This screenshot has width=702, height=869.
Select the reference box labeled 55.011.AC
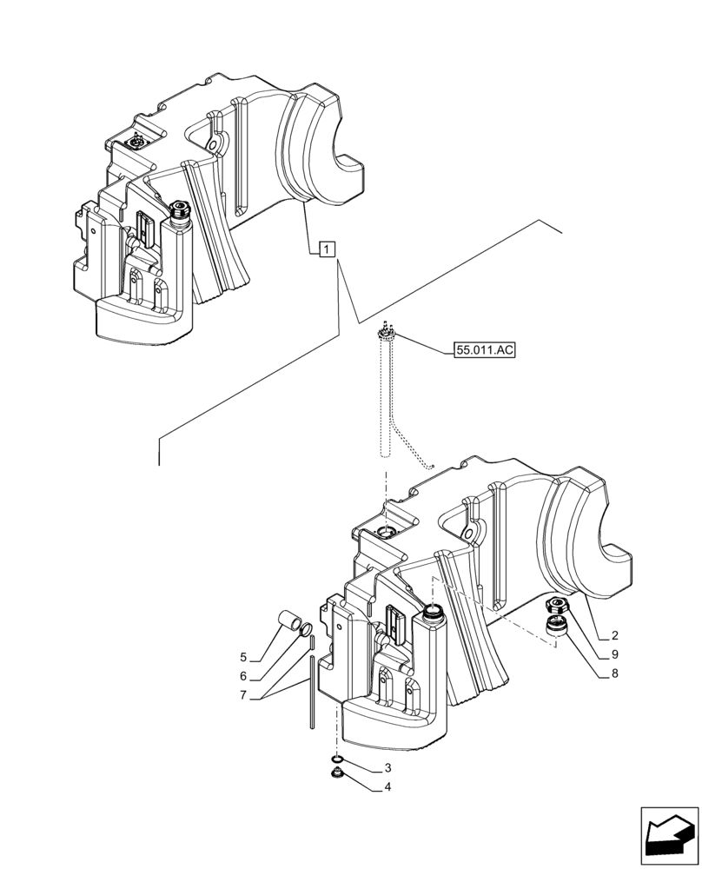point(485,351)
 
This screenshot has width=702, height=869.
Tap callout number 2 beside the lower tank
point(614,635)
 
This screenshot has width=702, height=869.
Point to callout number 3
point(387,768)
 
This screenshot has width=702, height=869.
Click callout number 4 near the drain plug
point(387,788)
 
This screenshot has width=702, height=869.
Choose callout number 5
point(244,658)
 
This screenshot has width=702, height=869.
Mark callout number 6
point(244,676)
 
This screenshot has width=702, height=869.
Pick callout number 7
point(244,695)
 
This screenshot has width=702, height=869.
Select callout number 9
point(614,653)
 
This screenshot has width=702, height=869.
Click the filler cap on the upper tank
point(182,209)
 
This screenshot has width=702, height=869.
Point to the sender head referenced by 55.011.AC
point(387,334)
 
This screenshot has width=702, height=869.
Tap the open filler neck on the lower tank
point(432,614)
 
